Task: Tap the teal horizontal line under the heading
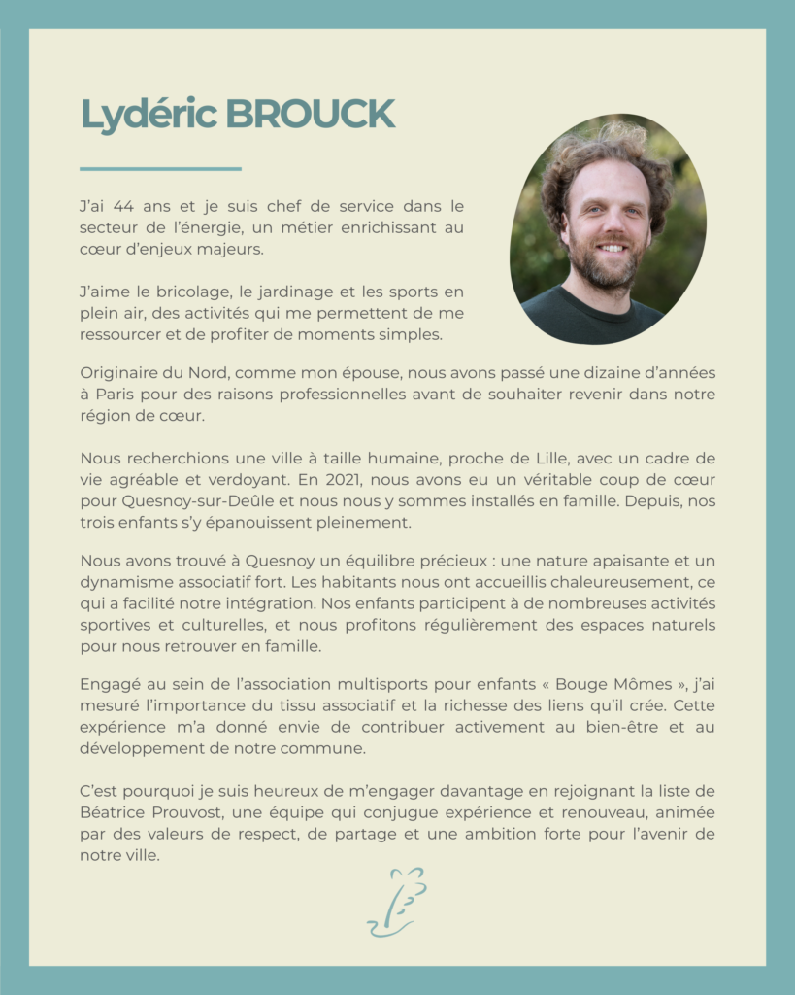coord(160,169)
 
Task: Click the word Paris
coord(116,394)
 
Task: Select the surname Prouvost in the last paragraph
coord(188,811)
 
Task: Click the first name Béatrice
coord(112,811)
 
